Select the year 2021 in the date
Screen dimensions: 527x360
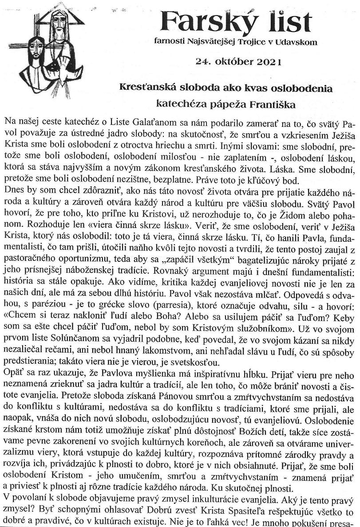click(265, 61)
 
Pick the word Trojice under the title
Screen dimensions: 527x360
click(253, 42)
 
